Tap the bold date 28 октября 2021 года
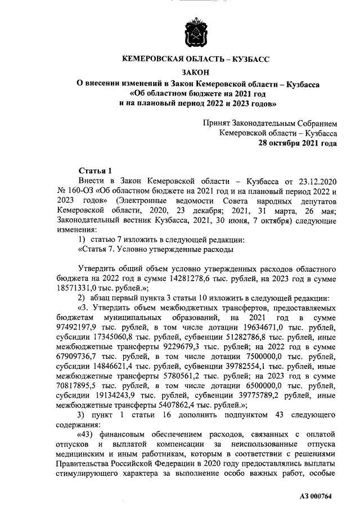298,143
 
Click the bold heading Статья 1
95,170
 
